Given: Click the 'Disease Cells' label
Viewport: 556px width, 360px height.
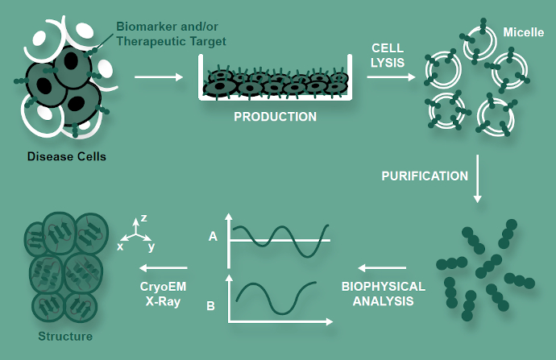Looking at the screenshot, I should coord(66,156).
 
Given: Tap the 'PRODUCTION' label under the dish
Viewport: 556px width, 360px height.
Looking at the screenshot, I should coord(276,117).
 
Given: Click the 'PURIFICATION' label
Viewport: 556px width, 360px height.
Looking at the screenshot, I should coord(425,176).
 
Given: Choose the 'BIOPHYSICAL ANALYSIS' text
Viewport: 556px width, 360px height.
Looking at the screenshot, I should coord(383,294).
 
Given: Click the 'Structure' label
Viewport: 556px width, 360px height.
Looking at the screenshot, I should coord(66,336).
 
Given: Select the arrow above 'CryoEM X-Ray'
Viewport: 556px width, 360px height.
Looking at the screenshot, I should coord(164,268).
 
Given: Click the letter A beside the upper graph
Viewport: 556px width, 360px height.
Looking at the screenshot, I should coord(213,236).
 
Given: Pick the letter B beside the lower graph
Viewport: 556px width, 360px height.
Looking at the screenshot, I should coord(210,305).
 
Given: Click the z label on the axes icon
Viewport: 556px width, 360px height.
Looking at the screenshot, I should coord(143,217).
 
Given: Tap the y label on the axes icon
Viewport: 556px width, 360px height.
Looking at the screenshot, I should coord(151,246).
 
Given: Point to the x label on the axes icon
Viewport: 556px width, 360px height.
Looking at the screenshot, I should coord(120,246).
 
